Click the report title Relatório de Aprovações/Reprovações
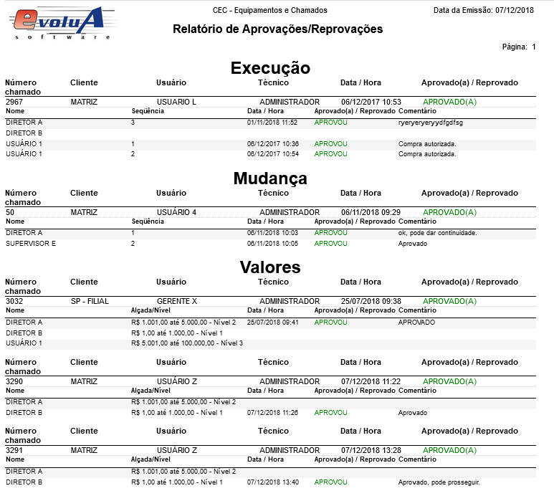click(277, 29)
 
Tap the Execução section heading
click(270, 68)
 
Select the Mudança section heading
click(270, 178)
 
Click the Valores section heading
click(270, 267)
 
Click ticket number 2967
click(14, 102)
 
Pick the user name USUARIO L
click(176, 102)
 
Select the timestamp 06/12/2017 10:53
click(371, 102)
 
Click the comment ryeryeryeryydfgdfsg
click(430, 123)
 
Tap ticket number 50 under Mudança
click(10, 212)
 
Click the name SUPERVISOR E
click(31, 244)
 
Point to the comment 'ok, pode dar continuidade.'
click(437, 233)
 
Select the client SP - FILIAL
click(90, 301)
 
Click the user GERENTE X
click(176, 301)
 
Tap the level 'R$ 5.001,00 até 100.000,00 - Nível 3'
click(188, 343)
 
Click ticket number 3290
click(14, 381)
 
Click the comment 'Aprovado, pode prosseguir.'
click(439, 482)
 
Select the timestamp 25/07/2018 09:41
click(273, 322)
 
